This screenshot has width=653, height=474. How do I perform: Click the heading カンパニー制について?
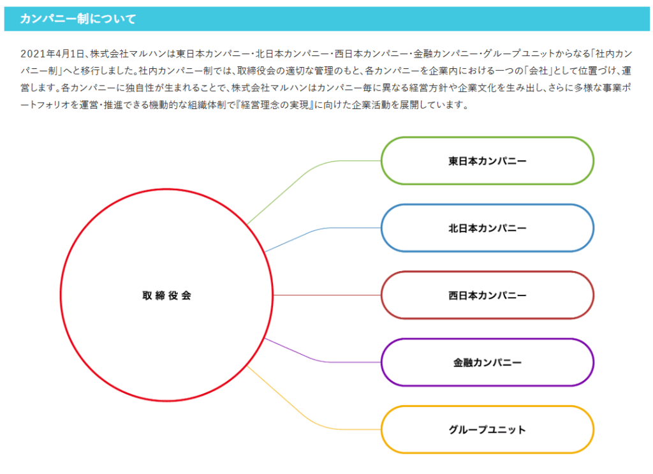(x=78, y=19)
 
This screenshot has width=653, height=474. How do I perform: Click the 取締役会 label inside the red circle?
(x=166, y=295)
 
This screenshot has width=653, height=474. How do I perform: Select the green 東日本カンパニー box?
(x=487, y=161)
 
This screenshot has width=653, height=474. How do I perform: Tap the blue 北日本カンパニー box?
(x=487, y=228)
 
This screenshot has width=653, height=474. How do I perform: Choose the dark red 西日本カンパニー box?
(x=487, y=295)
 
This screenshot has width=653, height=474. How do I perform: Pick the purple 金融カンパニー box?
(x=487, y=362)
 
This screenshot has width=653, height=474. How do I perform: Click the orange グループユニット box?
(x=487, y=429)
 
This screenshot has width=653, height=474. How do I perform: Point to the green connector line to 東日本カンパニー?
(x=308, y=171)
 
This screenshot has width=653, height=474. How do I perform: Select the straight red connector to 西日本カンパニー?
(x=327, y=295)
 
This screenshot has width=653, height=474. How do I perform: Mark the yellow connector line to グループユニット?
(x=308, y=419)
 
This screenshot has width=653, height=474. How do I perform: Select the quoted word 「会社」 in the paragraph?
(x=538, y=71)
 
